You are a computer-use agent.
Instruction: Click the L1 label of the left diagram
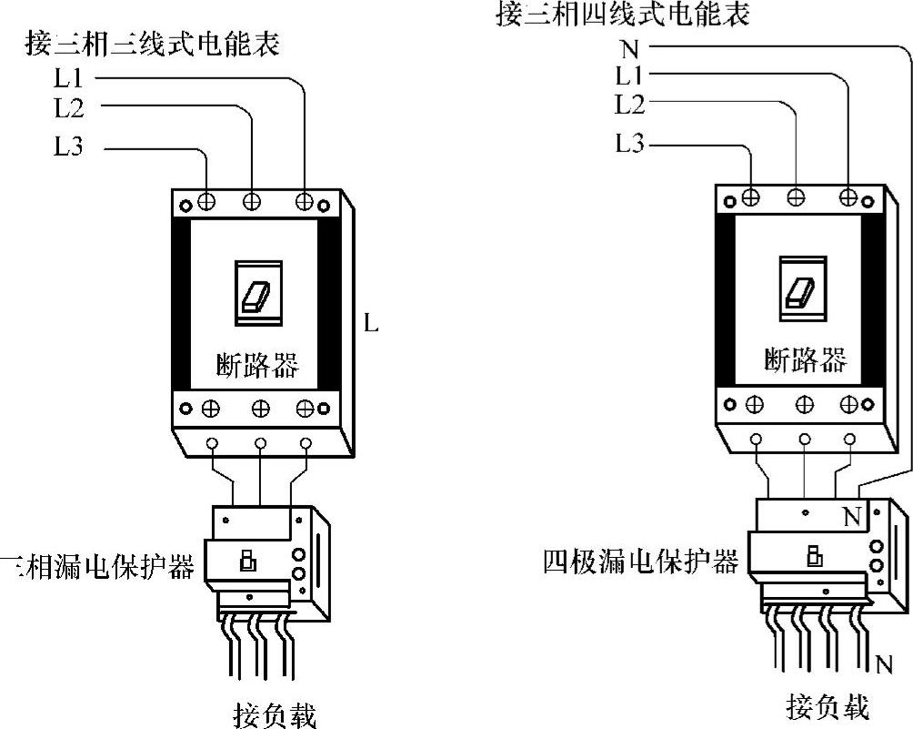coord(69,78)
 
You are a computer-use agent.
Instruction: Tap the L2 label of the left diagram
coord(69,108)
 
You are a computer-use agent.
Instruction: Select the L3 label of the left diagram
coord(69,145)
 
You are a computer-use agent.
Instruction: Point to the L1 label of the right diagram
coord(629,75)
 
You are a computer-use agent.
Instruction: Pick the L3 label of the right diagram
coord(629,143)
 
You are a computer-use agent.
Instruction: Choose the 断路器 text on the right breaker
coord(804,360)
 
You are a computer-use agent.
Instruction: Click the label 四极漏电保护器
coord(640,561)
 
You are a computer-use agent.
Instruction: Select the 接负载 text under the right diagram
coord(828,706)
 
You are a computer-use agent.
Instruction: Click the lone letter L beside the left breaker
coord(370,324)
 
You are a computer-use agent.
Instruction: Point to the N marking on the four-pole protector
coord(851,518)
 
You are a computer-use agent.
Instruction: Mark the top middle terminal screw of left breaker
coord(251,201)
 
